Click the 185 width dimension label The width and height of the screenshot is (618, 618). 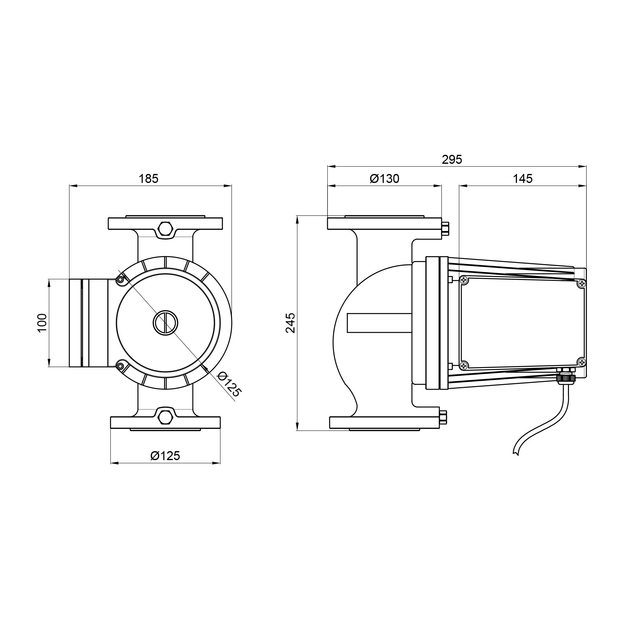pos(148,179)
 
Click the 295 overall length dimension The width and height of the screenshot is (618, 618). pos(452,159)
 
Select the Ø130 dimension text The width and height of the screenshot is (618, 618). pos(384,179)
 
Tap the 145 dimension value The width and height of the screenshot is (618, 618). pos(523,179)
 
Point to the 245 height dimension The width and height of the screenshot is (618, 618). pos(291,323)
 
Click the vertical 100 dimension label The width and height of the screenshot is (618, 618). pos(42,323)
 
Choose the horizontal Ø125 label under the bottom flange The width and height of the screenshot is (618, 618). pos(165,455)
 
